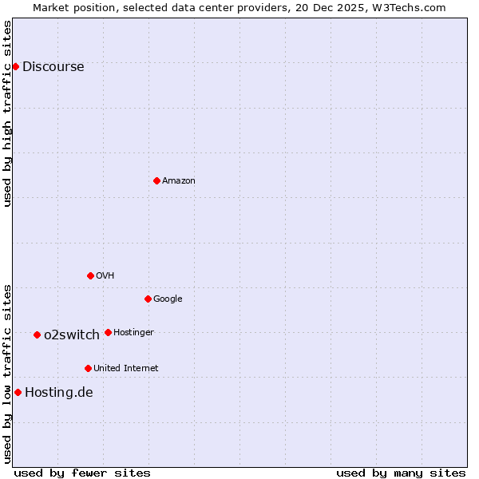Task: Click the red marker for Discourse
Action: (15, 66)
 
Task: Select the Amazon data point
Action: (156, 180)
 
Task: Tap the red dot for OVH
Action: (90, 275)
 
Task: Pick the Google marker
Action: (148, 299)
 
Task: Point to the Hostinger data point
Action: (108, 332)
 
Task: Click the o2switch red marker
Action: (37, 335)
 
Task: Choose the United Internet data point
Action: (88, 368)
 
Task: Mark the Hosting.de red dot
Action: (18, 392)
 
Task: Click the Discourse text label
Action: (53, 67)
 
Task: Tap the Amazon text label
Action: (179, 181)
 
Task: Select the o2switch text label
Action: (72, 335)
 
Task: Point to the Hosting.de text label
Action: (59, 393)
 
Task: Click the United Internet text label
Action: (126, 369)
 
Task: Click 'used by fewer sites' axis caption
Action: (82, 473)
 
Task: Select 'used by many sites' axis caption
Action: (401, 473)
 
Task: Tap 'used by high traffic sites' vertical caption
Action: (8, 113)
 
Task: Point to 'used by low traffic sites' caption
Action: (8, 374)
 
